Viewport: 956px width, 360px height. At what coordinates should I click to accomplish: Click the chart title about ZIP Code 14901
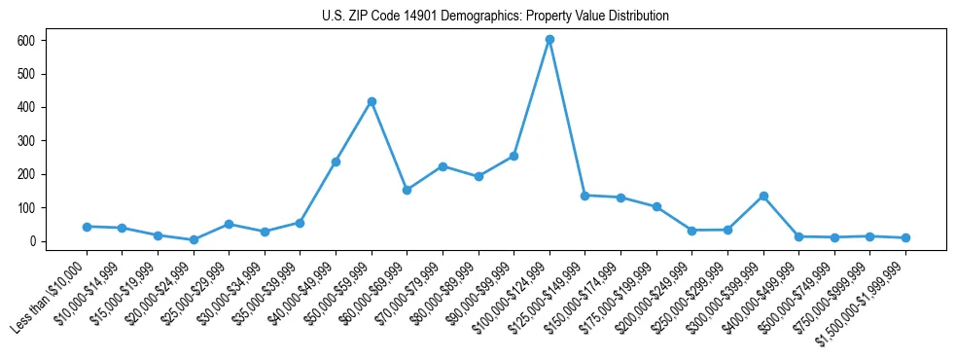[495, 16]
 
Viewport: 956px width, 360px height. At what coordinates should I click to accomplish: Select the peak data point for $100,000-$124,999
[549, 39]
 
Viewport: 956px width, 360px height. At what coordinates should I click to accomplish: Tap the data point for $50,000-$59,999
[372, 101]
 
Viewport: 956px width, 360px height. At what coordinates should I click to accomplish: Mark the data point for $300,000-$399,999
[763, 196]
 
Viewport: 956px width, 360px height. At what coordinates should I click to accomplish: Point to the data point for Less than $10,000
[87, 227]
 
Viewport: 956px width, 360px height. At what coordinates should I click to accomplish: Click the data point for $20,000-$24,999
[194, 239]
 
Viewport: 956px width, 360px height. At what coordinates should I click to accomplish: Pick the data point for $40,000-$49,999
[336, 162]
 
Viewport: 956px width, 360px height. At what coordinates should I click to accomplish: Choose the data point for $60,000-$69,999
[407, 190]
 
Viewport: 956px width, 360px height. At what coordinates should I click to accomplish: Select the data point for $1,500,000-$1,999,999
[905, 237]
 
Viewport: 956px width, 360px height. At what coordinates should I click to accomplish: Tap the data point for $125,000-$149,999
[585, 195]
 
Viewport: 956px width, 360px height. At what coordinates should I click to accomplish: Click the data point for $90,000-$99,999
[513, 156]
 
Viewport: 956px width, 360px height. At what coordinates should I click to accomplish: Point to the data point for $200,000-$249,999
[691, 231]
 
